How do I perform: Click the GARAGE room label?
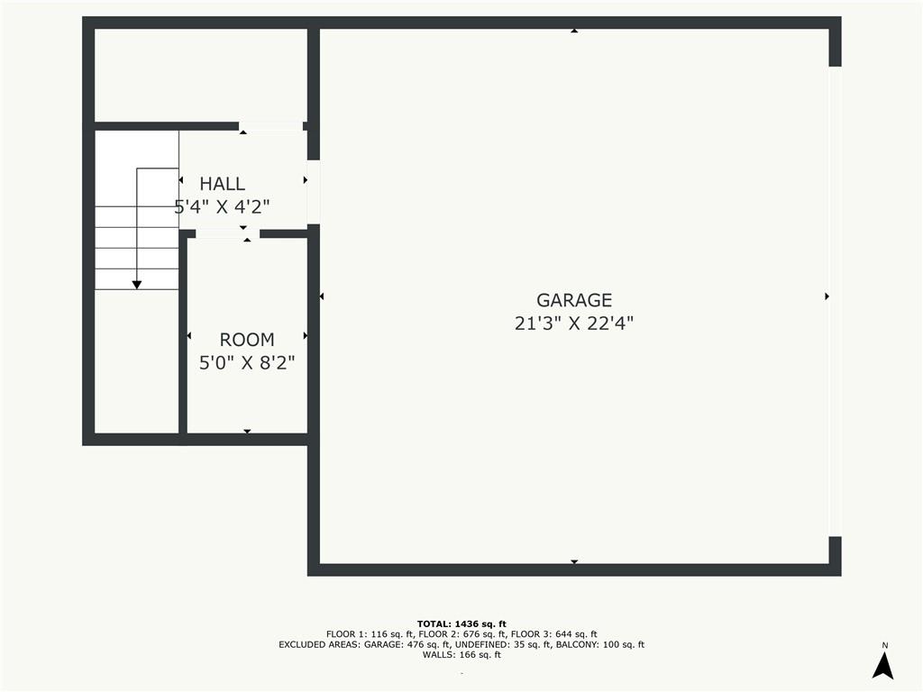(x=574, y=300)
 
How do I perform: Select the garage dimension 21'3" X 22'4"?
(x=574, y=323)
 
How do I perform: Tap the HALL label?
(x=222, y=184)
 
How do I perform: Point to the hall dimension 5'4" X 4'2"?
(x=222, y=206)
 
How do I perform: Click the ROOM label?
(x=247, y=340)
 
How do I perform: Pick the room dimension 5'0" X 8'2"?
(x=247, y=363)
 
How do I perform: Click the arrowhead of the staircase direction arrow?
(x=137, y=284)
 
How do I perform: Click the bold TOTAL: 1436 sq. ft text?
(x=461, y=624)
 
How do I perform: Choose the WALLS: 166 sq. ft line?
(x=461, y=655)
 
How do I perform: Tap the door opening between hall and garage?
(x=314, y=191)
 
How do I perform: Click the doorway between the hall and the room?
(x=228, y=233)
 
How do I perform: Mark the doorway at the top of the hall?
(x=270, y=126)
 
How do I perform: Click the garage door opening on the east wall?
(x=835, y=301)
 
